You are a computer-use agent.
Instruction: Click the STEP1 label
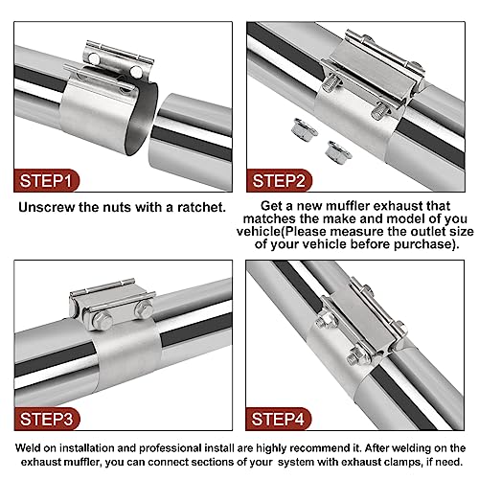[x=47, y=179]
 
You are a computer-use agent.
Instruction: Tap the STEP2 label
[x=292, y=179]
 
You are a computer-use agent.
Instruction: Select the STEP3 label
[x=47, y=419]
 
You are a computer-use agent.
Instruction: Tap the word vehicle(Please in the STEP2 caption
[x=308, y=230]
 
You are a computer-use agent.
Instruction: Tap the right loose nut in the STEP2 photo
[x=334, y=148]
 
